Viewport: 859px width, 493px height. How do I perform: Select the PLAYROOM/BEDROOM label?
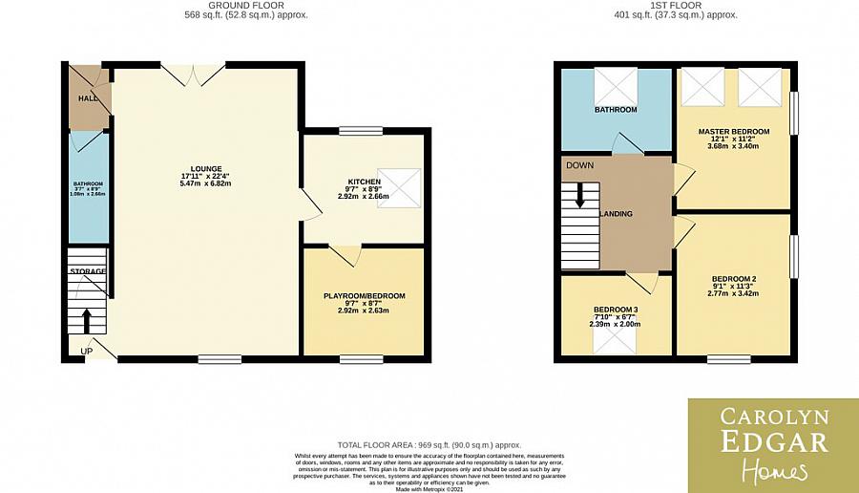tap(364, 296)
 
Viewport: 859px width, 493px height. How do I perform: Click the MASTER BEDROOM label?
tap(733, 132)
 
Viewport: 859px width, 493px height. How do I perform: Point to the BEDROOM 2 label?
tap(733, 279)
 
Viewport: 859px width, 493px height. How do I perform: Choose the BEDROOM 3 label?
tap(616, 311)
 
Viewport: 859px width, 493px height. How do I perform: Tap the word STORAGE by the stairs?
tap(87, 272)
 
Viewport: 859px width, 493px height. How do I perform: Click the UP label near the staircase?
tap(87, 352)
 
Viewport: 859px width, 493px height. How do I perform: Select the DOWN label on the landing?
tap(579, 165)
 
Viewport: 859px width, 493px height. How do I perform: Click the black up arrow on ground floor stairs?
tap(88, 320)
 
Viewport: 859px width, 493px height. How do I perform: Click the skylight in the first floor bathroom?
tap(614, 86)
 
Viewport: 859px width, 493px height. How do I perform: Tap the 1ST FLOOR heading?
tap(676, 5)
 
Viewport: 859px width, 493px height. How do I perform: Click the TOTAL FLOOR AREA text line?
tap(429, 445)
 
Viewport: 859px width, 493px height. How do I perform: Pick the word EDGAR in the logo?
tap(772, 440)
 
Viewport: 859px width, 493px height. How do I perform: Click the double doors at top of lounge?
tap(193, 74)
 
